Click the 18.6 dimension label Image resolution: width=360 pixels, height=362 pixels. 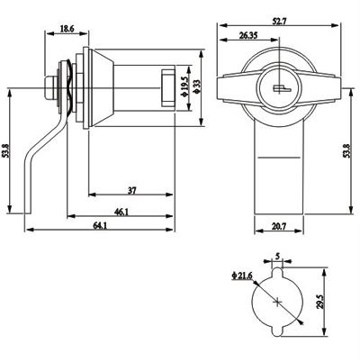(x=67, y=29)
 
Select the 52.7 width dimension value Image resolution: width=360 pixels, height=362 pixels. (x=280, y=22)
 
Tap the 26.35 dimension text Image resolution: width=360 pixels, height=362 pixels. (x=248, y=36)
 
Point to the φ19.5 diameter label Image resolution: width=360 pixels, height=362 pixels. (x=184, y=87)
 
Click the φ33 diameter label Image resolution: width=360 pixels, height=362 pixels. (x=197, y=87)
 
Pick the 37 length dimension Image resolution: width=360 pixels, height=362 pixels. (x=132, y=190)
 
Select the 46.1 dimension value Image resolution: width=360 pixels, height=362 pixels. (x=121, y=212)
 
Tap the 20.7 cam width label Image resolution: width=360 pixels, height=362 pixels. (x=278, y=227)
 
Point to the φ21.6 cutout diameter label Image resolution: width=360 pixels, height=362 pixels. (x=242, y=276)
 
